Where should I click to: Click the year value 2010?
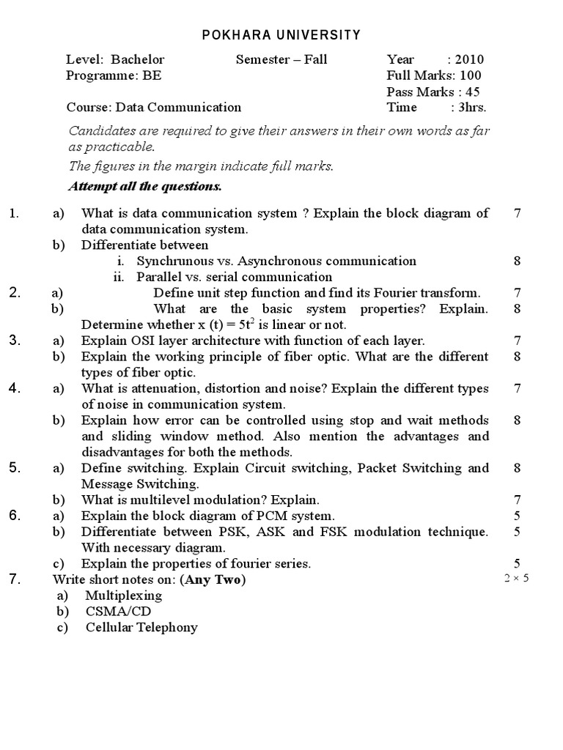click(x=469, y=60)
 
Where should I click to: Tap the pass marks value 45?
click(x=473, y=92)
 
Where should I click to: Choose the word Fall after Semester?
click(x=312, y=60)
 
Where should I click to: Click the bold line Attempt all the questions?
click(x=145, y=186)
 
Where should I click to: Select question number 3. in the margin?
click(x=15, y=340)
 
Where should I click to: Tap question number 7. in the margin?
click(x=15, y=579)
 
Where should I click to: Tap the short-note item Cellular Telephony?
click(x=141, y=627)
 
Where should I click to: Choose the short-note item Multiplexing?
click(x=123, y=595)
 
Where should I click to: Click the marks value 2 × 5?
click(x=516, y=579)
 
